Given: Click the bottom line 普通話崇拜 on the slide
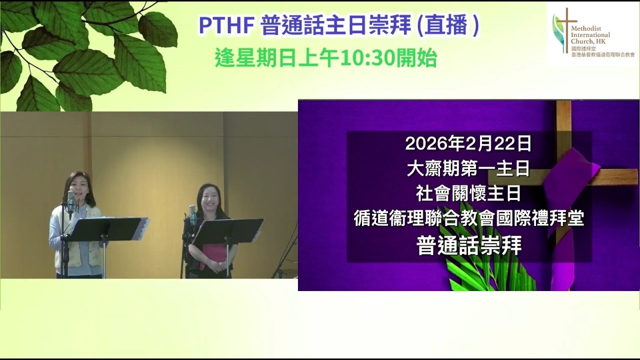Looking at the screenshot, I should point(468,245).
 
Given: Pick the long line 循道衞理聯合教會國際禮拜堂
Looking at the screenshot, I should point(468,218).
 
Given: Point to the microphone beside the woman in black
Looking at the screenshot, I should point(192,214).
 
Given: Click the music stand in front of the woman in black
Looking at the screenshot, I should point(227,232).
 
